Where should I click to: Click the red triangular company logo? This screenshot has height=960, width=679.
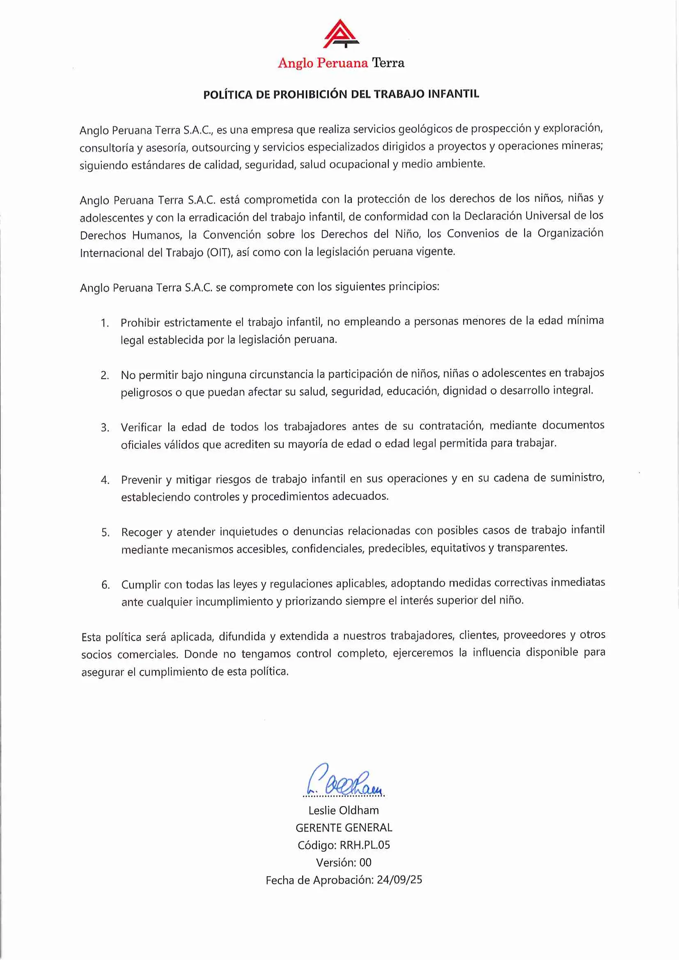[x=341, y=34]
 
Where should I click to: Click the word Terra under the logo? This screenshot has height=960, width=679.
[x=388, y=63]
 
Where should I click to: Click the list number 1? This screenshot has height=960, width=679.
[x=105, y=323]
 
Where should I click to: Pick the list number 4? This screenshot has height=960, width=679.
[x=105, y=480]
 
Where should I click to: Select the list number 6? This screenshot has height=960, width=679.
[x=106, y=585]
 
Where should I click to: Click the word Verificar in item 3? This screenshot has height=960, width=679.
[x=141, y=427]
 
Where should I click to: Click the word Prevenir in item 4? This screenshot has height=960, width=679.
[x=140, y=480]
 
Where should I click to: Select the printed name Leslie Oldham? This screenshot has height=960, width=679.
[x=344, y=810]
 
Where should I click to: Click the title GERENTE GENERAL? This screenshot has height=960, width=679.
[x=344, y=828]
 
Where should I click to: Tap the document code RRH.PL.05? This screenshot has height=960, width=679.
[x=365, y=845]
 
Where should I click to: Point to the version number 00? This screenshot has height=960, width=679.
[x=365, y=863]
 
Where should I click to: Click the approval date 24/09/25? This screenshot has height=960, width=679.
[x=399, y=880]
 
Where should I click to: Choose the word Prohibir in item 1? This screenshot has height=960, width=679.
[x=140, y=322]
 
